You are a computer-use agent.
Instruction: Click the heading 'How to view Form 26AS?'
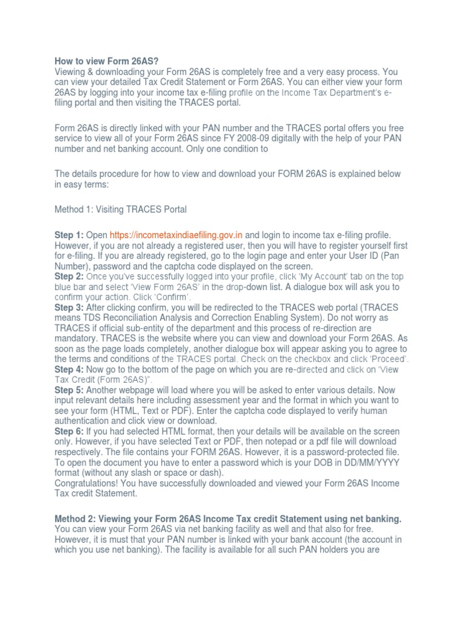[98, 61]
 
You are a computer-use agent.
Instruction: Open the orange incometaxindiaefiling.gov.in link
[176, 235]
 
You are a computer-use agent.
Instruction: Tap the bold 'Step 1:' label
[69, 235]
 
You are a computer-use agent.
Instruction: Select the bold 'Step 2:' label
[69, 276]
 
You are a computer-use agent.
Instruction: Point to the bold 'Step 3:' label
[69, 308]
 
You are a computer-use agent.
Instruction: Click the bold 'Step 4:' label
[69, 369]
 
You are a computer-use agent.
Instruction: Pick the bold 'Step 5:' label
[69, 390]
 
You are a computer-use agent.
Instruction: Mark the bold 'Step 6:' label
[69, 431]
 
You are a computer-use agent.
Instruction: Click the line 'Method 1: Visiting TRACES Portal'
[121, 210]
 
